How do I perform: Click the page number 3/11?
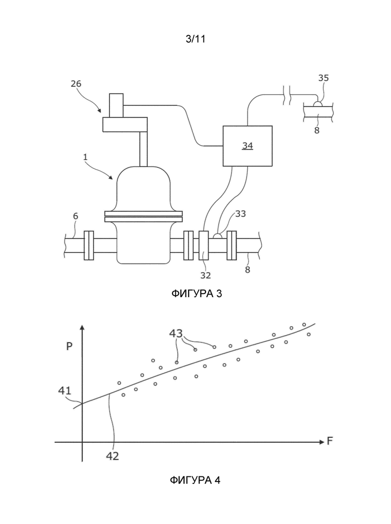[195, 39]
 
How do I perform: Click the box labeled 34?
[248, 146]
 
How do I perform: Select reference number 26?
[76, 84]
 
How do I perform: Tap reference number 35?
[323, 78]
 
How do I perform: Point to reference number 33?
[241, 213]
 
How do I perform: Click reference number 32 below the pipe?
[206, 275]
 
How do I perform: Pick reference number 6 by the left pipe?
[76, 216]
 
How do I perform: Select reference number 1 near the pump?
[85, 157]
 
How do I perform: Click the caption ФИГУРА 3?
[197, 294]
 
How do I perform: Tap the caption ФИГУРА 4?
[195, 480]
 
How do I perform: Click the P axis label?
[69, 346]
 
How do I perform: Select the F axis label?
[330, 441]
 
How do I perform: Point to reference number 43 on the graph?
[176, 333]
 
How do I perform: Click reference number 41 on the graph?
[65, 390]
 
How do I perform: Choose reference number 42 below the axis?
[112, 456]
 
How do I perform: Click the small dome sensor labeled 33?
[218, 236]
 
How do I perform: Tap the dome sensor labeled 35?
[317, 104]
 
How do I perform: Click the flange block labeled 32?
[204, 245]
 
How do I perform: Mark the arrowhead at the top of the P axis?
[82, 327]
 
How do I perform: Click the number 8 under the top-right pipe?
[317, 130]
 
